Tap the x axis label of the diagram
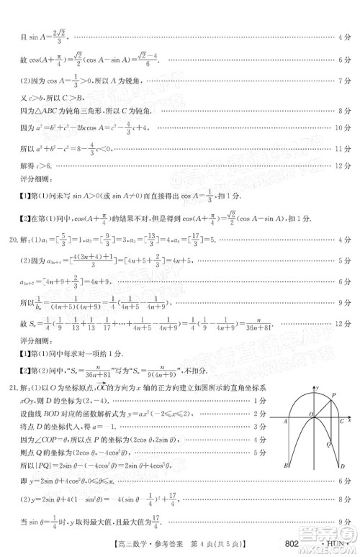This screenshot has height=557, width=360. [349, 418]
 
